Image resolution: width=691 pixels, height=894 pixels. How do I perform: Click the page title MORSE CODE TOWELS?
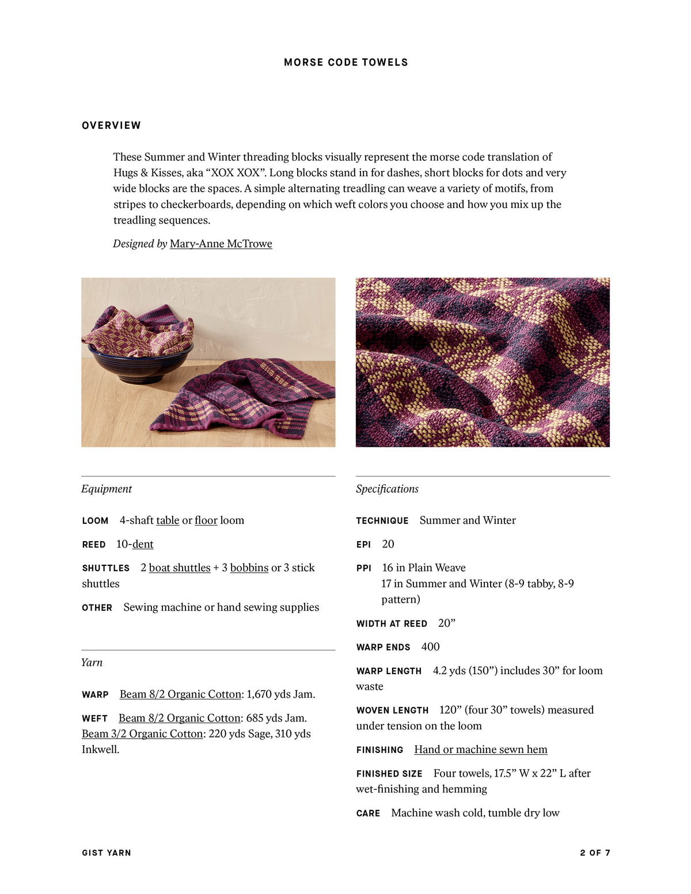345,62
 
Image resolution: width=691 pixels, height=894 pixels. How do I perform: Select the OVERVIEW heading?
111,125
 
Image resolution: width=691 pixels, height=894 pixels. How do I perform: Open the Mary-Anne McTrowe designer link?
221,244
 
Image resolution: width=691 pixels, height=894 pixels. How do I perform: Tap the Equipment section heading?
107,489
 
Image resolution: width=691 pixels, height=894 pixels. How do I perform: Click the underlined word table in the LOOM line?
168,520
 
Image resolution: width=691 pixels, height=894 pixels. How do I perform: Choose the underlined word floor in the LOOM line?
206,520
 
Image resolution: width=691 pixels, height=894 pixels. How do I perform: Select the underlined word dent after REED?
143,544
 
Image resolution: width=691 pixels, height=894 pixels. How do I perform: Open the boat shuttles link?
180,568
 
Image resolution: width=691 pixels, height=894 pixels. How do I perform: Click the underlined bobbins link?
249,568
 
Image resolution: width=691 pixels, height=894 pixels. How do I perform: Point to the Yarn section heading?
92,663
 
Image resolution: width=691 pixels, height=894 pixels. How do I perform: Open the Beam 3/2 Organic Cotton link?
142,734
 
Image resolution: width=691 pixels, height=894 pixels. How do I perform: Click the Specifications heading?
387,489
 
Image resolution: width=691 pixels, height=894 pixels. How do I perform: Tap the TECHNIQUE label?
382,521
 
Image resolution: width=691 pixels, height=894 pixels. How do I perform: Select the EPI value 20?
388,544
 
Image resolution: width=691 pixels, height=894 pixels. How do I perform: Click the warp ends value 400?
430,647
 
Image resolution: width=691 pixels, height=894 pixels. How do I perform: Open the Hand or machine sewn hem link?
481,750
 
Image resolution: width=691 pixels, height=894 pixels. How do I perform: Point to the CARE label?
368,813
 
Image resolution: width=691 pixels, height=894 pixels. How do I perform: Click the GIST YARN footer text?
107,853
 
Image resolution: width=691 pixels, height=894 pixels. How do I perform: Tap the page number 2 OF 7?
595,853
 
